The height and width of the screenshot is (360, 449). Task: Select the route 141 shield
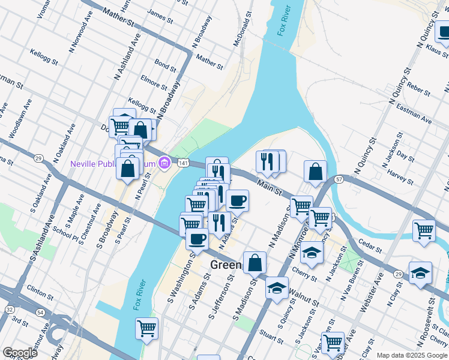point(184,163)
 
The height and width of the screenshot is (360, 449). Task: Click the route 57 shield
point(339,179)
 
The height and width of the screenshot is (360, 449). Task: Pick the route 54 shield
point(40,313)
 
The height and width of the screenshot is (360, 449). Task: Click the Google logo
point(20,353)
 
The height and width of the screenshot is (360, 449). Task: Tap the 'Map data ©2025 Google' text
point(411,355)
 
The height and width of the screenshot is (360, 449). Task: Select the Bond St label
point(164,62)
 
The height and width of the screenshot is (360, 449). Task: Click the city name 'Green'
point(226,265)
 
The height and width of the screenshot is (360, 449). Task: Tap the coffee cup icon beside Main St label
point(237,201)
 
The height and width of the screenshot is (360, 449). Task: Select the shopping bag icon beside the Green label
point(255,262)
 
